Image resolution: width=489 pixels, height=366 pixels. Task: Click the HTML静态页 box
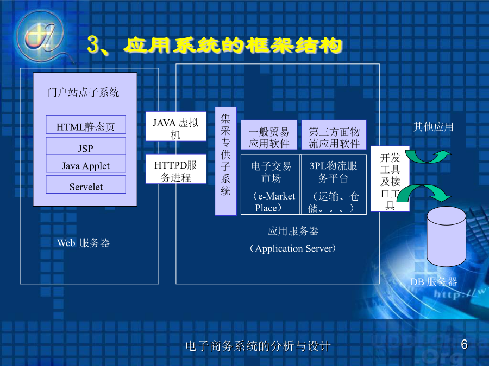(x=86, y=125)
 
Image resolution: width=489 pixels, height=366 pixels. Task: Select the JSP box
(x=86, y=146)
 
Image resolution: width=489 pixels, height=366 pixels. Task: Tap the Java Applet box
(x=86, y=164)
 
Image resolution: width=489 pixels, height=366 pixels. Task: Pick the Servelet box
(x=86, y=184)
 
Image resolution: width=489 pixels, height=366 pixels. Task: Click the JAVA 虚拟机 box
(x=176, y=126)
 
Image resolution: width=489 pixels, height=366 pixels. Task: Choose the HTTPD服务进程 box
(x=176, y=169)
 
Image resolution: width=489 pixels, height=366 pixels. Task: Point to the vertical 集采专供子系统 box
(x=225, y=161)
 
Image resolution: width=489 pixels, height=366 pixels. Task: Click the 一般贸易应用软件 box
(x=269, y=135)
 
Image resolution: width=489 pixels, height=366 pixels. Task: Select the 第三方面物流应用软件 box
(x=334, y=135)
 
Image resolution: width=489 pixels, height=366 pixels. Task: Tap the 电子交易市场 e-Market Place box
(x=271, y=184)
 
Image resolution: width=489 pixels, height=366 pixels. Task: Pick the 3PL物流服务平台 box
(x=334, y=184)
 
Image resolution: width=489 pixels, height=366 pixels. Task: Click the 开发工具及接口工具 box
(x=390, y=179)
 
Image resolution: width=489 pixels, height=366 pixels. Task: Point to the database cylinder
(x=446, y=236)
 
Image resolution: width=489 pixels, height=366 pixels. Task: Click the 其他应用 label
(x=433, y=127)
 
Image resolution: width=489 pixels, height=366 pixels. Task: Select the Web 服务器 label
(x=83, y=243)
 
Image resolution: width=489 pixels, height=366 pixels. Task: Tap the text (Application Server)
(x=293, y=248)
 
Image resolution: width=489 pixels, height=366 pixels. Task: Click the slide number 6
(x=464, y=344)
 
